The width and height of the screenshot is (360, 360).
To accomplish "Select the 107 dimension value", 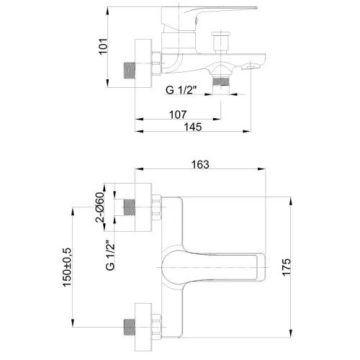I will [x=178, y=114].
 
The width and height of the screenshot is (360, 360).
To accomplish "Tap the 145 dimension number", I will [x=192, y=127].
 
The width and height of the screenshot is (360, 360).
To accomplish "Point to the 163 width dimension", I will [x=200, y=165].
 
